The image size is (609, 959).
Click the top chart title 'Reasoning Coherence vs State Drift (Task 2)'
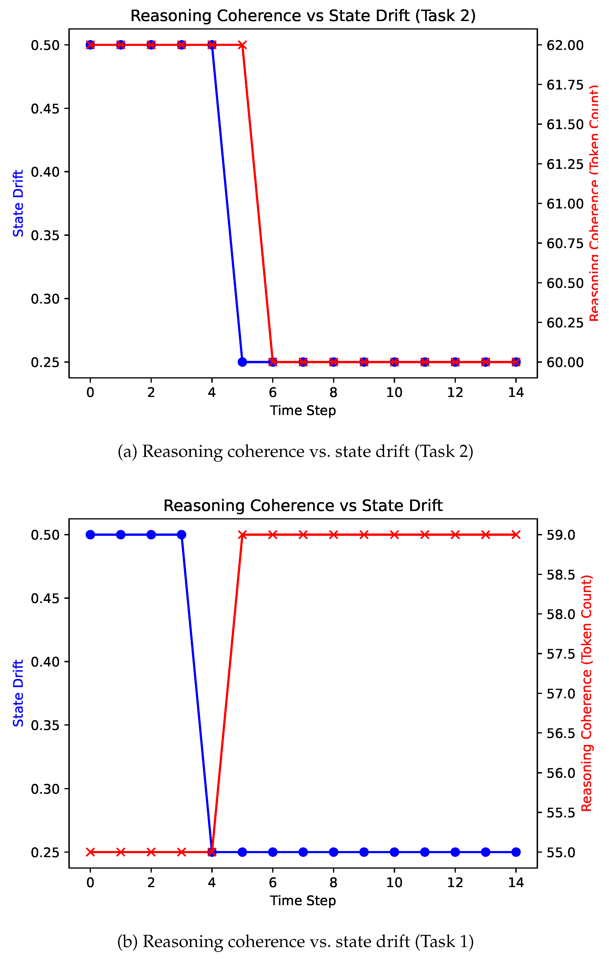point(303,16)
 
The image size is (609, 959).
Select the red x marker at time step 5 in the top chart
point(242,45)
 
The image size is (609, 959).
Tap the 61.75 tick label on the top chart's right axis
point(565,85)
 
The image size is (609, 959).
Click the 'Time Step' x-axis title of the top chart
point(303,411)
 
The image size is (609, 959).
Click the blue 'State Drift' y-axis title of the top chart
point(18,203)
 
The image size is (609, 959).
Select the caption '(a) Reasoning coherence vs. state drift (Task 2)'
point(295,452)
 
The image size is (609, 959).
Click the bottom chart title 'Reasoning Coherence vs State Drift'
point(303,506)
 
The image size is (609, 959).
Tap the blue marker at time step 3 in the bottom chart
point(181,534)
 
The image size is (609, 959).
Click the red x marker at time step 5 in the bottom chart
point(242,534)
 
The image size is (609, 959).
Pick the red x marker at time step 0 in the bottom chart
point(90,852)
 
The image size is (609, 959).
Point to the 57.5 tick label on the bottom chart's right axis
point(561,654)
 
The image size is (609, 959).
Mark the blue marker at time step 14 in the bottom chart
point(516,852)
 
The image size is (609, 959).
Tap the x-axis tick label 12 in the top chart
point(455,393)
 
